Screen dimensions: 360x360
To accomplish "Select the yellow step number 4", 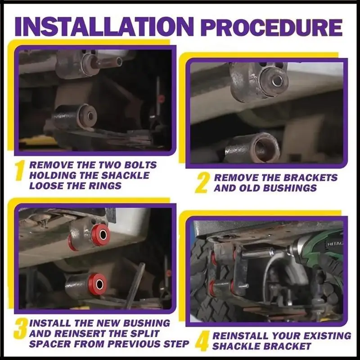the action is point(202,341).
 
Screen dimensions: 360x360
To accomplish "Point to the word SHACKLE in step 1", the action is point(125,175).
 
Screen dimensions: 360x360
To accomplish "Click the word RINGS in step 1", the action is point(105,186).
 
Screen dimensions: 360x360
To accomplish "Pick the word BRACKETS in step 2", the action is point(310,178).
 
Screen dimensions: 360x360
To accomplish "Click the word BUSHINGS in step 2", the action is point(289,188).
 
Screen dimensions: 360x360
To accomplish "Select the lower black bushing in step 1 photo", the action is point(87,117).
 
